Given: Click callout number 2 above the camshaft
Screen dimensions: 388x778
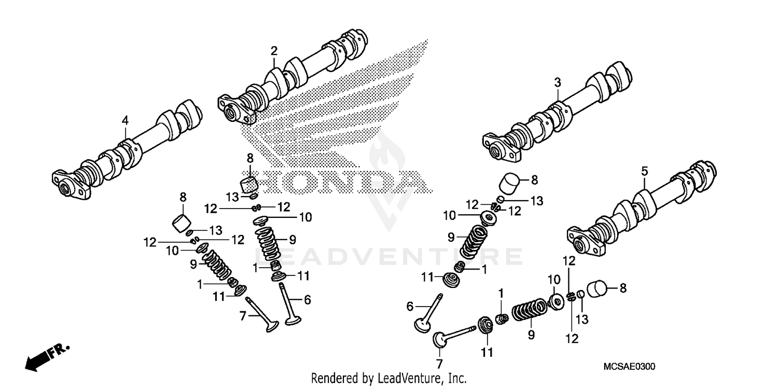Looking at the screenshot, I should [273, 51].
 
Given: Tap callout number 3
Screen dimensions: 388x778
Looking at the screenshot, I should [557, 82].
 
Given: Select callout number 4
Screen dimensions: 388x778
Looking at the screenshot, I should [125, 120].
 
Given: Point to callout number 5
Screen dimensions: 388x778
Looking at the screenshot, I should [644, 171].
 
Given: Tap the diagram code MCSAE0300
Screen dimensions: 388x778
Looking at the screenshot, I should [629, 367].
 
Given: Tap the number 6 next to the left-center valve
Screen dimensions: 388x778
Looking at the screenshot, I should [307, 299].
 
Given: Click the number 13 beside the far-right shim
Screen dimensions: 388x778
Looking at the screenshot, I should [582, 320].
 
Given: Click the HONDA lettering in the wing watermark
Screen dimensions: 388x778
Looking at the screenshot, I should [342, 182].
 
